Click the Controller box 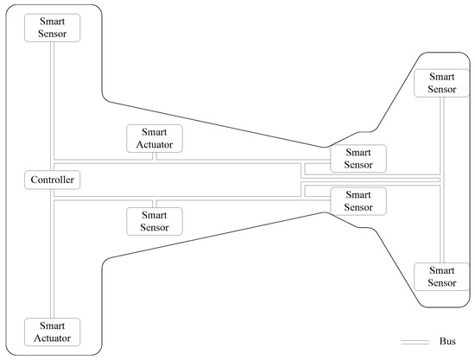tap(52, 180)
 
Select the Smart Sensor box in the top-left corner tap(52, 26)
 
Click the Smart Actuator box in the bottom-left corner tap(52, 331)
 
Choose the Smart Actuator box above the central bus tap(155, 139)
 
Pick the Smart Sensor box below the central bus tap(155, 221)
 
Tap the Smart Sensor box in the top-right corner tap(441, 83)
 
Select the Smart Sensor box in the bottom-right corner tap(441, 276)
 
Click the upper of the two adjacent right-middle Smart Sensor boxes tap(358, 158)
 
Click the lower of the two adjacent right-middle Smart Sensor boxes tap(358, 201)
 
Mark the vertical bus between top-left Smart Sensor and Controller tap(52, 104)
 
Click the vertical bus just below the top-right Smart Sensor tap(441, 129)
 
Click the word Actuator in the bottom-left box tap(52, 337)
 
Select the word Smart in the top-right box tap(441, 77)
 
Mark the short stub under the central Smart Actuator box tap(155, 157)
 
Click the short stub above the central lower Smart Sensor tap(155, 203)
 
